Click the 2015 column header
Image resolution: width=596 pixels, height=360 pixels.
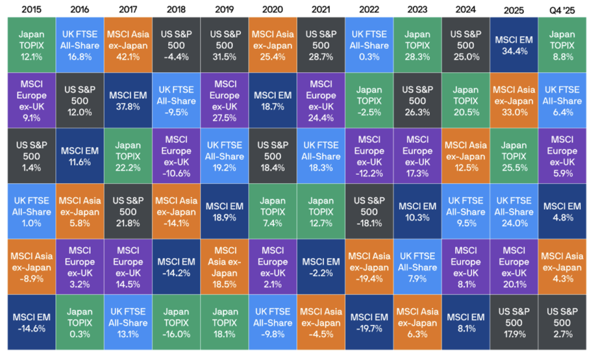coord(31,9)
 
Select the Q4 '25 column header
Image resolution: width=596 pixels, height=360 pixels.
coord(562,10)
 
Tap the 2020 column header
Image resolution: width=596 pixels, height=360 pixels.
coord(272,9)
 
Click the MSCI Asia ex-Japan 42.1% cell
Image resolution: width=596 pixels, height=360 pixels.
coord(128,45)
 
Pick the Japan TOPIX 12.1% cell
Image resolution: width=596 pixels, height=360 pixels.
coord(31,45)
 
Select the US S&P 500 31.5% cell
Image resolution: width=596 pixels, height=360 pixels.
coord(225,45)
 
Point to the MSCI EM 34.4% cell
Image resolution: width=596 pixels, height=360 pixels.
coord(514,45)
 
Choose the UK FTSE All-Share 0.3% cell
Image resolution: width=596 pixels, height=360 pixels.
coord(369,45)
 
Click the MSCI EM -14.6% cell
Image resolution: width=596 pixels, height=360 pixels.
coord(31,322)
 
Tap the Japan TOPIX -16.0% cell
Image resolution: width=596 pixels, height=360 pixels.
coord(176,322)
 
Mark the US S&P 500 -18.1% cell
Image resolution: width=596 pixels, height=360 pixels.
coord(369,212)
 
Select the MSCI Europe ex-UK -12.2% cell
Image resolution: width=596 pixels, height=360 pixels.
coord(369,156)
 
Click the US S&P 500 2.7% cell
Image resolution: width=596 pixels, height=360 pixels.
coord(562,322)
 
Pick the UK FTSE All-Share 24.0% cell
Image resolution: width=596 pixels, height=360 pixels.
coord(514,212)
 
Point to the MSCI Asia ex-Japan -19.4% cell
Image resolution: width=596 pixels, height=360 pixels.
coord(369,267)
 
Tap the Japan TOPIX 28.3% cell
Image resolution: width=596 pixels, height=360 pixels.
coord(417,45)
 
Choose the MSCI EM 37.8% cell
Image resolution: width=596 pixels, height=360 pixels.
coord(128,101)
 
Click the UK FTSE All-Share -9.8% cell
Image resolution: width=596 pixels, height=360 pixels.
coord(272,322)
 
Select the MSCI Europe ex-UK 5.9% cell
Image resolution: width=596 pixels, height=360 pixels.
coord(562,156)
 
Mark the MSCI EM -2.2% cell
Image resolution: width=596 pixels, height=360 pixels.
coord(321,267)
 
